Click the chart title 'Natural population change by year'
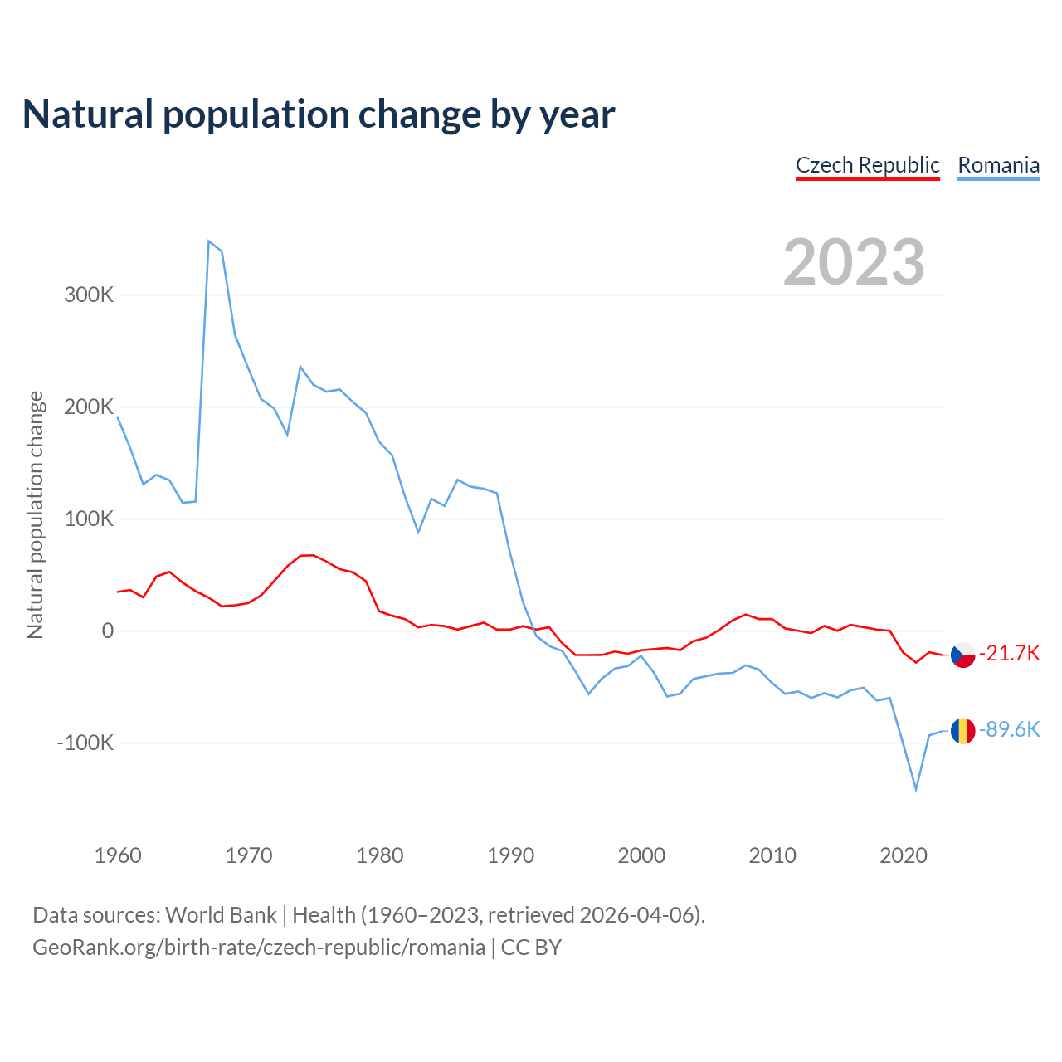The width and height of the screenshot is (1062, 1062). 318,114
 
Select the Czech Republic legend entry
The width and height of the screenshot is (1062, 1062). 867,165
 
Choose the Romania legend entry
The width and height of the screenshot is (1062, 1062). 998,165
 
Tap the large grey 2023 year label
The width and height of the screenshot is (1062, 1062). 854,262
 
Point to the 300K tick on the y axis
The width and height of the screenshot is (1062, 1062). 89,295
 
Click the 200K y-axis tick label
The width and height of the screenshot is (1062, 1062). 89,407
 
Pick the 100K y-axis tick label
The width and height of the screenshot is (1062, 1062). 89,519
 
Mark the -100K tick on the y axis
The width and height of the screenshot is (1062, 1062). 85,743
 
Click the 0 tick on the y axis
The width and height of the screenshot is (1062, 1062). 108,631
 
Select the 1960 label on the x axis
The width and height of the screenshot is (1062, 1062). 118,855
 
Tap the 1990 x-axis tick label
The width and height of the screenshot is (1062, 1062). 511,855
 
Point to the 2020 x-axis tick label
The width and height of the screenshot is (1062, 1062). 904,855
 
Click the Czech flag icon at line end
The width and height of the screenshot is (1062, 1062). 962,655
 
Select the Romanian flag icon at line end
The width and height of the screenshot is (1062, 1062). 962,731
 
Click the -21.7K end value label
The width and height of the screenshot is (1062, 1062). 1010,653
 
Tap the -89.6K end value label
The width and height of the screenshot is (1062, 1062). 1010,729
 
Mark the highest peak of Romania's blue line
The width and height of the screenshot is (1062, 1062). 208,241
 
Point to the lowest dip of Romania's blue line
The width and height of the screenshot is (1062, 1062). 916,789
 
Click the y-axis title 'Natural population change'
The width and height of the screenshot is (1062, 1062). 35,515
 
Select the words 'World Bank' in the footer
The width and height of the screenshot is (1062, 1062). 221,915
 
